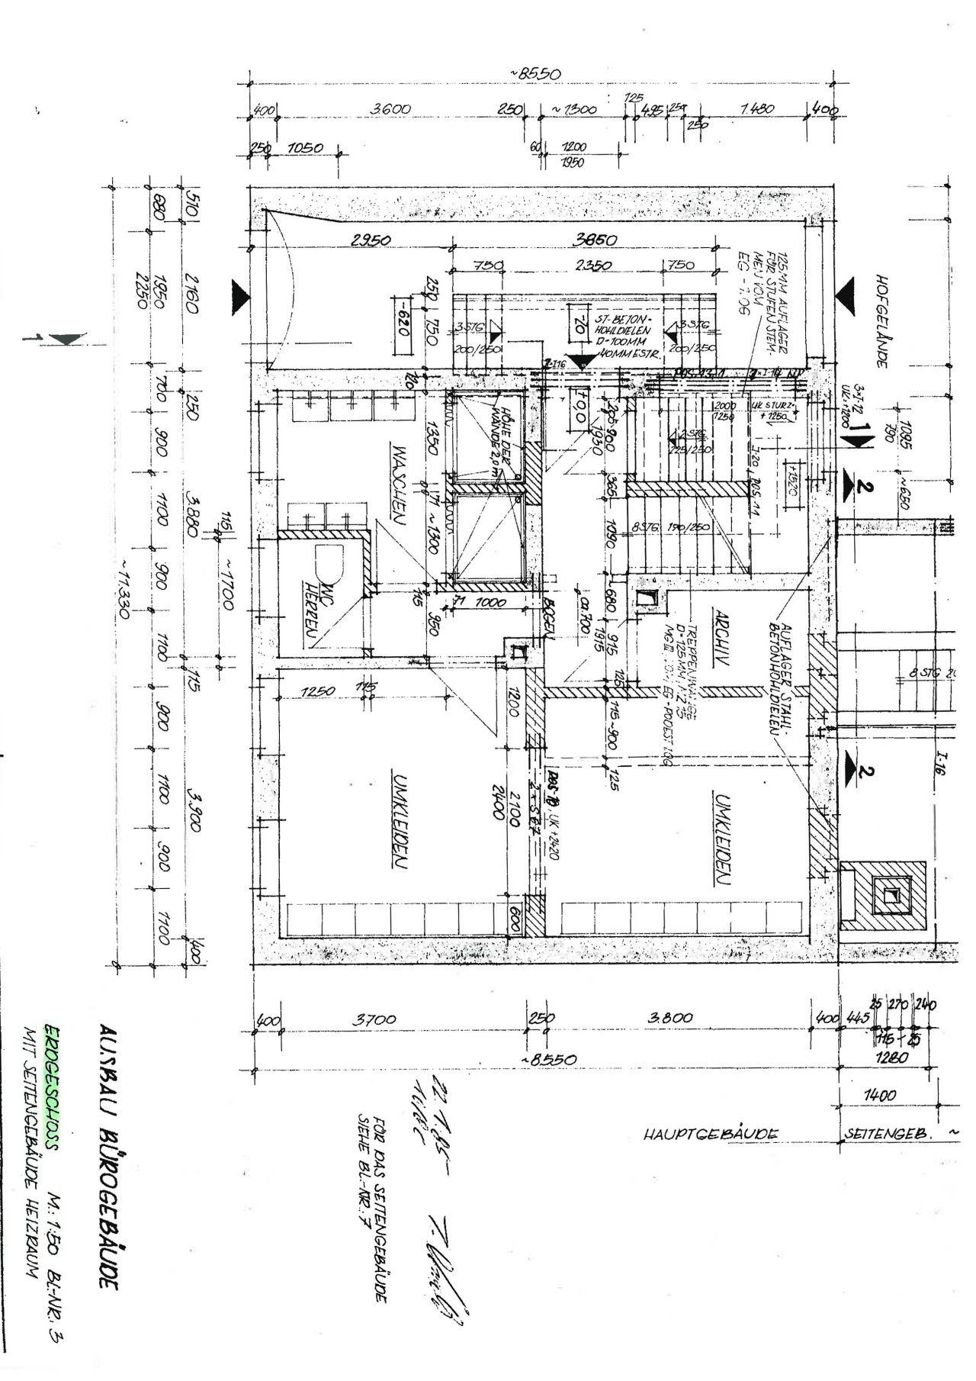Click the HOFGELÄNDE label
click(882, 321)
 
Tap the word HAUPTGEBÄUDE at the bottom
click(711, 1134)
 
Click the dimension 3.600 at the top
click(390, 109)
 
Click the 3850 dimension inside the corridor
click(595, 240)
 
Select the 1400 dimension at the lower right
click(880, 1095)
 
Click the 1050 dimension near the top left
click(305, 147)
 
